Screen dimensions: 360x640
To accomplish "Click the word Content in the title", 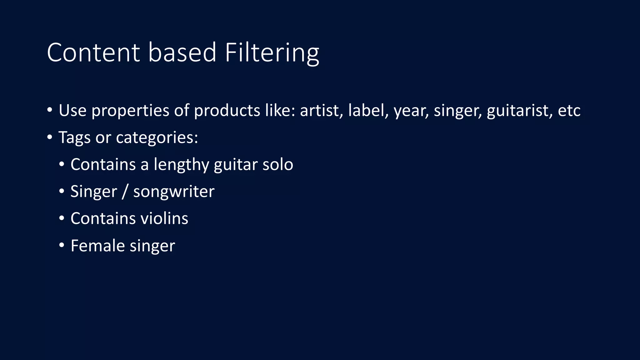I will click(x=93, y=52).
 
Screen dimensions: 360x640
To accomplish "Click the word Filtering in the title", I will click(x=272, y=52).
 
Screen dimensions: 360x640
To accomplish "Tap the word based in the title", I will click(x=182, y=52).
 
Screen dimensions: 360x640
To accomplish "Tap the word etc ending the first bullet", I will click(x=569, y=110).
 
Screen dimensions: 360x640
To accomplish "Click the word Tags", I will click(x=74, y=137).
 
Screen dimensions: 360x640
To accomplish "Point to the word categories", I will click(x=157, y=137).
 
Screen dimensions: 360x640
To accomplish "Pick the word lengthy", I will click(x=181, y=165).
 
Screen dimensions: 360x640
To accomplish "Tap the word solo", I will click(x=277, y=164).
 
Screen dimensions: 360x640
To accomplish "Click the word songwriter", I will click(x=174, y=192).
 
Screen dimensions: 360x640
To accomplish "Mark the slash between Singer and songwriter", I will click(x=125, y=191).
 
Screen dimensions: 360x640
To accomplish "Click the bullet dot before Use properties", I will click(x=50, y=110).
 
